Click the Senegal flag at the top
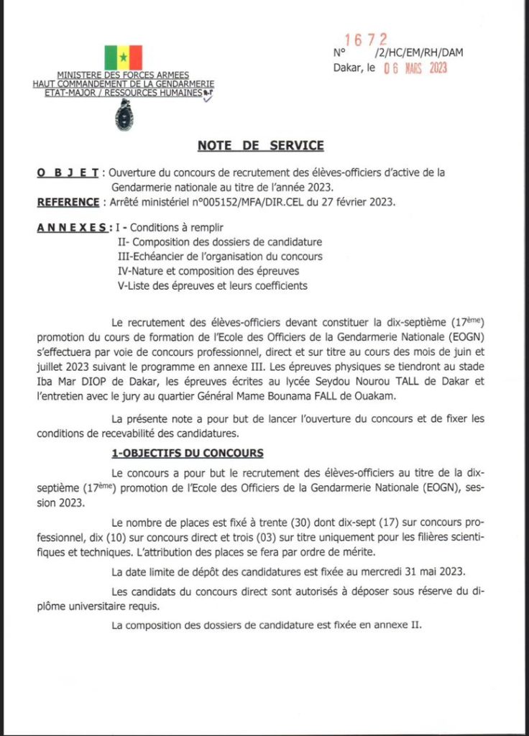(123, 57)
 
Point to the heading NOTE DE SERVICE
(261, 146)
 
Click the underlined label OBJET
(68, 172)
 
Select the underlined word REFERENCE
(68, 202)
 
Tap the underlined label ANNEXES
(74, 228)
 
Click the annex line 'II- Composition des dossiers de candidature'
(219, 241)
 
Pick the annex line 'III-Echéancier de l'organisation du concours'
(219, 256)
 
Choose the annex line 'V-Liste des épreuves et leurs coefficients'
(212, 285)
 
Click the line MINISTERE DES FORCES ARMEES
(123, 75)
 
